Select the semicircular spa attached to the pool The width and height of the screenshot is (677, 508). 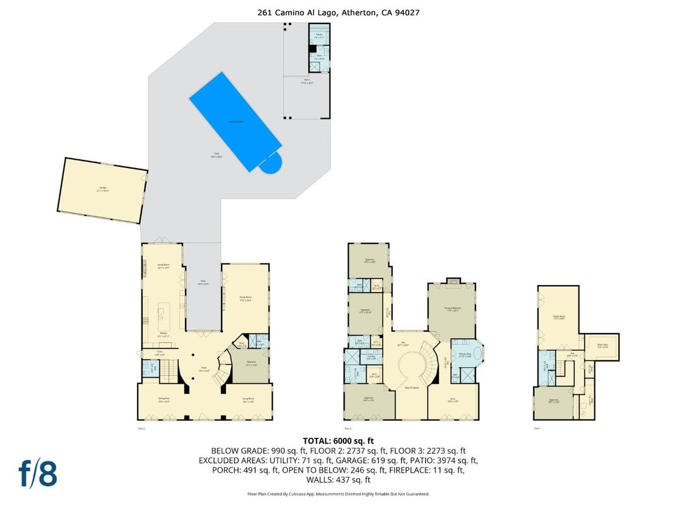[x=271, y=166]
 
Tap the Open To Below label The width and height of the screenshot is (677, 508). [x=413, y=387]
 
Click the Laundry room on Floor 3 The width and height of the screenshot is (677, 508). [x=371, y=357]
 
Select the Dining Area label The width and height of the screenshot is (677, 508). [x=163, y=399]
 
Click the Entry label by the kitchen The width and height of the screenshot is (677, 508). [x=160, y=354]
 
